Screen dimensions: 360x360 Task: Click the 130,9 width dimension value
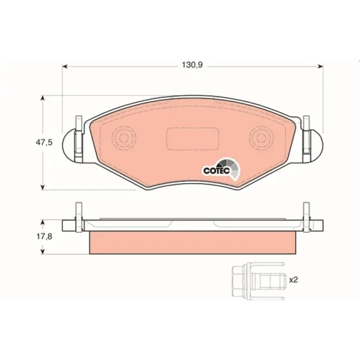[192, 65]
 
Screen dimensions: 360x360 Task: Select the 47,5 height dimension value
[44, 143]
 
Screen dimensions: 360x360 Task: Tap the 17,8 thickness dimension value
[44, 237]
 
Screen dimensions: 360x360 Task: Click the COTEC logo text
[217, 170]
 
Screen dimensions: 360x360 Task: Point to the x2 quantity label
[293, 280]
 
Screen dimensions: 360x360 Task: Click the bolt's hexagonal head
[239, 281]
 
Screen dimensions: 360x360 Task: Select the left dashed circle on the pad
[124, 138]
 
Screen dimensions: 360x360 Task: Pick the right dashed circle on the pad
[261, 138]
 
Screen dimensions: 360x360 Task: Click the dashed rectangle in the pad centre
[193, 138]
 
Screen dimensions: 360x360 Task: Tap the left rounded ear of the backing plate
[68, 145]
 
